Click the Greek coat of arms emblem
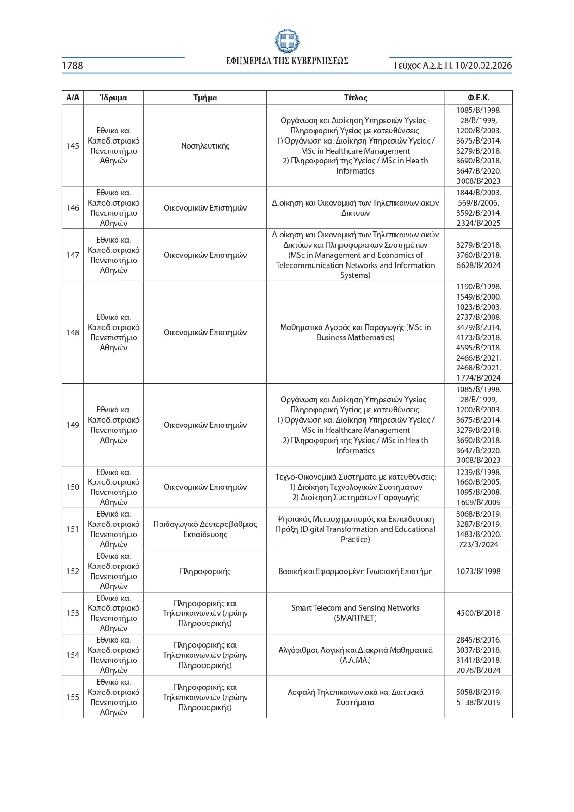click(287, 41)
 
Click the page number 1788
click(73, 66)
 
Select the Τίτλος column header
click(355, 98)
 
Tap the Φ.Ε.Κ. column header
click(478, 98)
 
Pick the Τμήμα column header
click(205, 98)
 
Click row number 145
click(73, 146)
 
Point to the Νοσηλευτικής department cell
click(205, 146)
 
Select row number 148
click(73, 332)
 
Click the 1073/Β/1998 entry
click(478, 571)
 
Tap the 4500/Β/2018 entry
click(478, 613)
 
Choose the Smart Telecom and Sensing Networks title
click(355, 613)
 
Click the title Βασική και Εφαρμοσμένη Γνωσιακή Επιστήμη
click(355, 571)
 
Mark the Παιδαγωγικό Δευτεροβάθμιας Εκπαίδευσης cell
click(205, 529)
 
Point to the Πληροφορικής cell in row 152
click(205, 571)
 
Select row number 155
click(73, 697)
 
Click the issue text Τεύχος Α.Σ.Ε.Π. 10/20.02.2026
click(452, 66)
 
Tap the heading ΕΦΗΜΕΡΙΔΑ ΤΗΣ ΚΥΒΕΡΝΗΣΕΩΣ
click(287, 61)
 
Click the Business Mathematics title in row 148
click(355, 332)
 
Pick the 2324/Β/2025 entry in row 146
click(478, 223)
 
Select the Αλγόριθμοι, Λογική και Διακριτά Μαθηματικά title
click(355, 655)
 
